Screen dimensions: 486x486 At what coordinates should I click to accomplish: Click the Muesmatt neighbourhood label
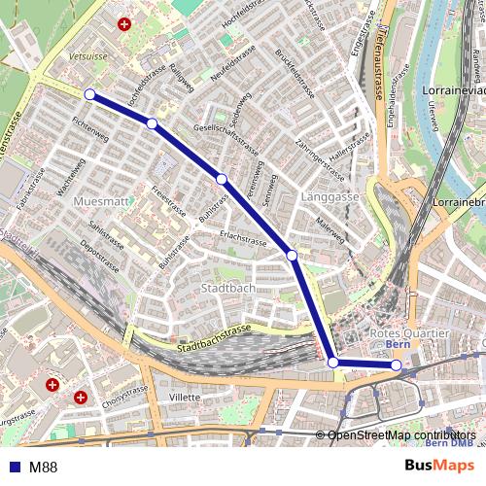click(100, 200)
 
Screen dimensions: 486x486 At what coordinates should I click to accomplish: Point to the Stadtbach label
click(227, 289)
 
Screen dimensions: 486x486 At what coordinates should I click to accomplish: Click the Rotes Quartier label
click(410, 333)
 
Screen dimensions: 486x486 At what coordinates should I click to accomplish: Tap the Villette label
click(184, 397)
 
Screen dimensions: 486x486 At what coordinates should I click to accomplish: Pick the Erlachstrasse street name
click(243, 238)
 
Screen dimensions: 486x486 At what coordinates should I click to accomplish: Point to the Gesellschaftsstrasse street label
click(226, 140)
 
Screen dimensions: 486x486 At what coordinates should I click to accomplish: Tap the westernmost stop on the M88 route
click(89, 94)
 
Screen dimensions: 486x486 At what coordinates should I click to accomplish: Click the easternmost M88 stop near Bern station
click(396, 365)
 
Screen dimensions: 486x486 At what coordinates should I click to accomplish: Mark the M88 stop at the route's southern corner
click(333, 363)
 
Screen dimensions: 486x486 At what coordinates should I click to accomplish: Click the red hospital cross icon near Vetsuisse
click(123, 24)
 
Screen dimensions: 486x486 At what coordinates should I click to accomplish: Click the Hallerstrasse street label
click(352, 145)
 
